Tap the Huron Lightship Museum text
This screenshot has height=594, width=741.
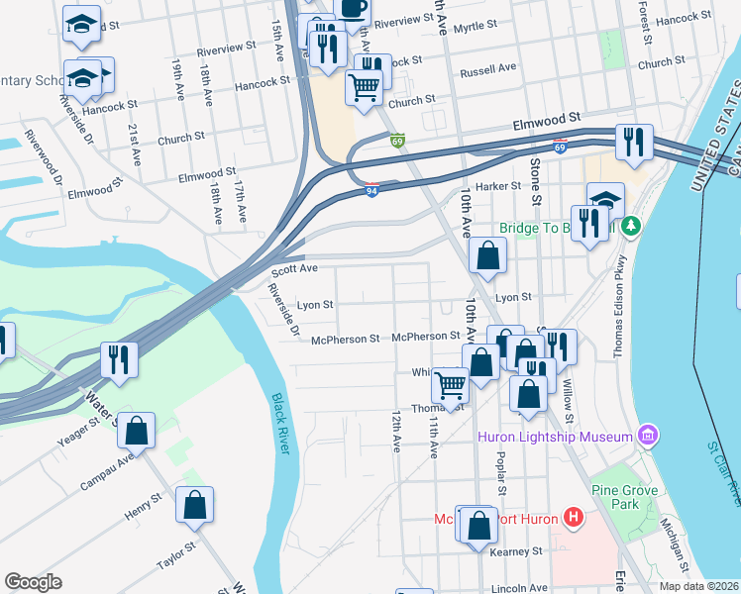554,437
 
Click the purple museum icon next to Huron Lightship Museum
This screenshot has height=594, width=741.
648,435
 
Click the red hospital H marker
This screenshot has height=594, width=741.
572,517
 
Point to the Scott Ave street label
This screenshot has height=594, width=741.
294,269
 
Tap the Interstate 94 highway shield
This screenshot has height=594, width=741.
371,190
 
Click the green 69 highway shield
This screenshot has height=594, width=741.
397,143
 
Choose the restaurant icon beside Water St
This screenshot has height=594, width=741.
119,359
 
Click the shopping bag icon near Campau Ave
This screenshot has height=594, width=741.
137,430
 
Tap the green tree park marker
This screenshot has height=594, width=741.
630,227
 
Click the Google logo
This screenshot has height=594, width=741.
34,582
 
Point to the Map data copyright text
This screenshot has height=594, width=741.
699,586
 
